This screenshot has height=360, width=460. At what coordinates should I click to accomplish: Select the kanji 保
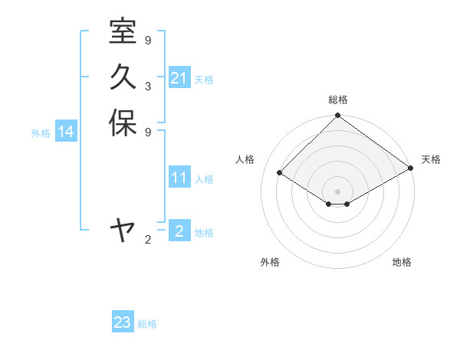[x=123, y=123]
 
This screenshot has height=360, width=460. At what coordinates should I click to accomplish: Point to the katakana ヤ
[x=123, y=229]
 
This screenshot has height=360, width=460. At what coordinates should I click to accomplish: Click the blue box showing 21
[x=179, y=78]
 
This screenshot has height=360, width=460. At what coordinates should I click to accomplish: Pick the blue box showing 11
[x=179, y=178]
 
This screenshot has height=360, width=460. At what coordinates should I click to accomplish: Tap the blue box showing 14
[x=66, y=133]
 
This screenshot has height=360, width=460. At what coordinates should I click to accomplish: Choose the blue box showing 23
[x=123, y=322]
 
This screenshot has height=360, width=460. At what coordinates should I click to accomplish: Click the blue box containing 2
[x=179, y=231]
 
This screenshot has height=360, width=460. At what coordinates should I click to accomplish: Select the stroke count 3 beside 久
[x=147, y=86]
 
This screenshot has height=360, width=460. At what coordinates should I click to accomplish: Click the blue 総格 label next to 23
[x=147, y=324]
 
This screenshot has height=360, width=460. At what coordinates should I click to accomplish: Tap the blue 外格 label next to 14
[x=41, y=133]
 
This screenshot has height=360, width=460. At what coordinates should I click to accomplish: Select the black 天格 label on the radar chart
[x=431, y=159]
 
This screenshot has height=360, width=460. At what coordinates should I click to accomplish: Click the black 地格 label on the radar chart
[x=402, y=263]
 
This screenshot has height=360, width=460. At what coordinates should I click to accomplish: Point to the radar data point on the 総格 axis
[x=337, y=116]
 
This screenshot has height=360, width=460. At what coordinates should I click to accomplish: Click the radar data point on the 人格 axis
[x=280, y=173]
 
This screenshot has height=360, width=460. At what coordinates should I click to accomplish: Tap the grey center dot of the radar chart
[x=337, y=191]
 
